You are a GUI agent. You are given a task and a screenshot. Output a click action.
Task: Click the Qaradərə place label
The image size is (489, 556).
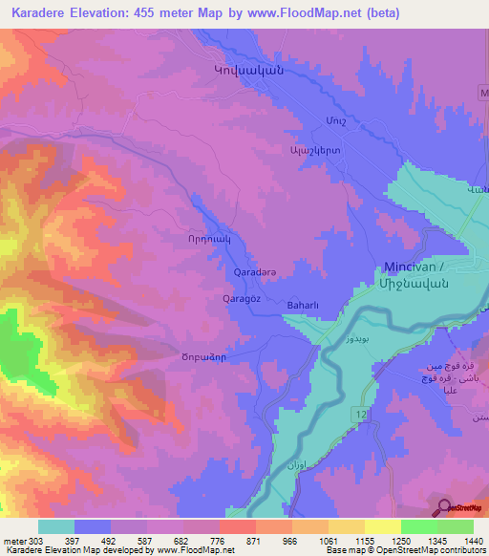click(255, 272)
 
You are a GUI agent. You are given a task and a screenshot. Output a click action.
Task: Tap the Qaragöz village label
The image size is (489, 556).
click(242, 298)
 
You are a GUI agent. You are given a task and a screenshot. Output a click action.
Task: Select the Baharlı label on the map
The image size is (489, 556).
click(306, 306)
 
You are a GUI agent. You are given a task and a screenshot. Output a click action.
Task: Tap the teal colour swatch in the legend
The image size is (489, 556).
click(56, 526)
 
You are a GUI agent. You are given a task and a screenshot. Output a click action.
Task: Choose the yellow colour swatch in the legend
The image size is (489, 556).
click(382, 526)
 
